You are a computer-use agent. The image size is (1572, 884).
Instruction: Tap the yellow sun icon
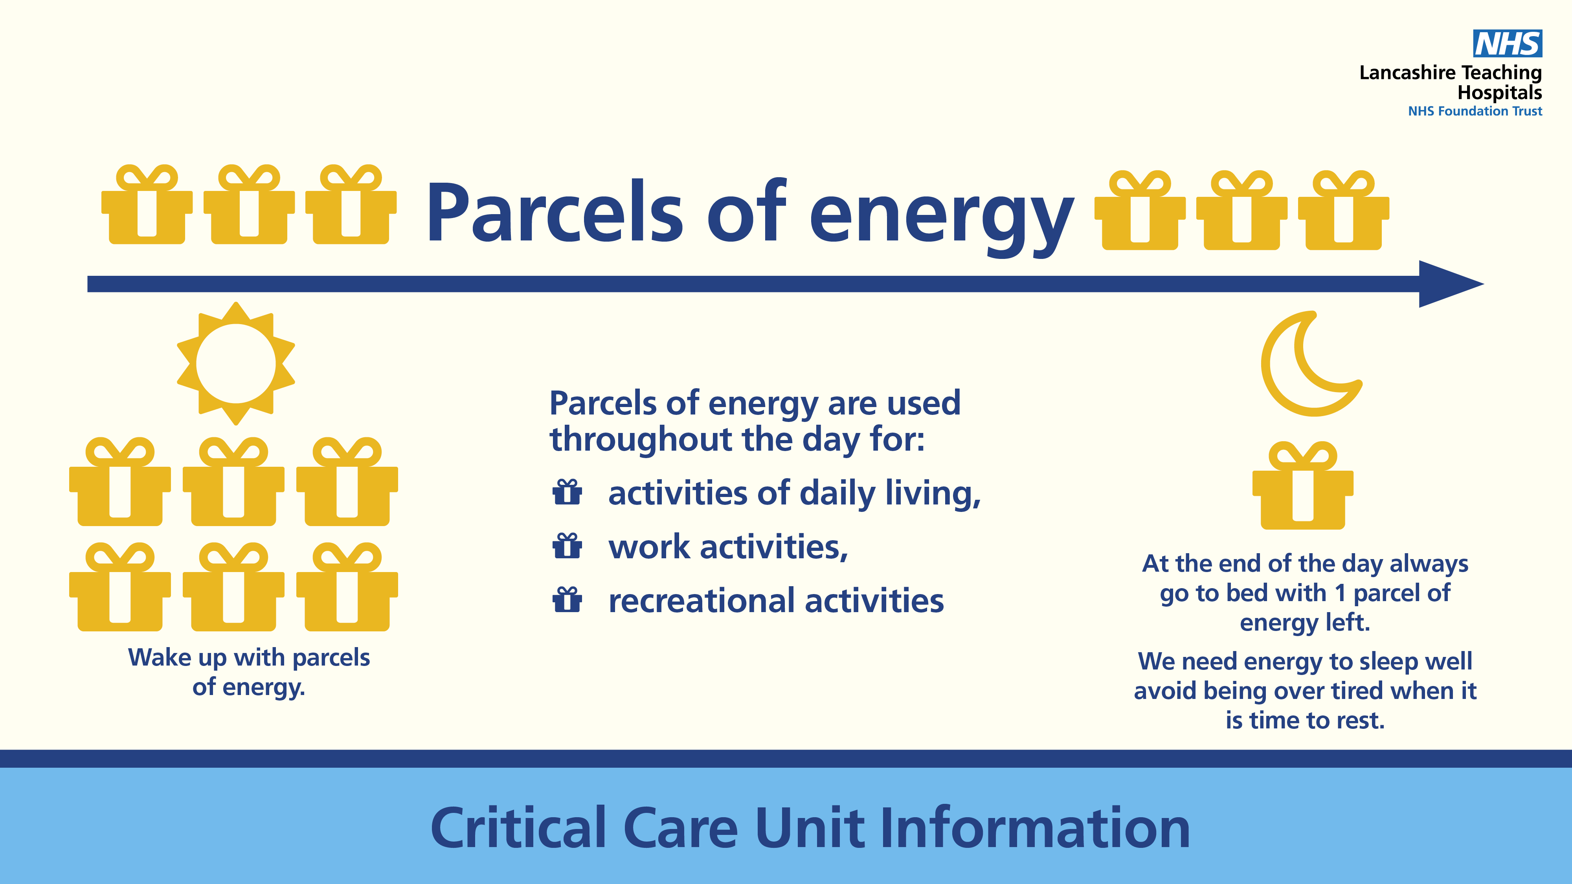236,363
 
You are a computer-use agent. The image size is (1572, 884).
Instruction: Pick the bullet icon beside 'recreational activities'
567,599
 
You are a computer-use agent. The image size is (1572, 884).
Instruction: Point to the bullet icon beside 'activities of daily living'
567,492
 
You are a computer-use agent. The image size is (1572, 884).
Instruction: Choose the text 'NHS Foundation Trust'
1475,111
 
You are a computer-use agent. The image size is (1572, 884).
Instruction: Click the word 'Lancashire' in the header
1407,73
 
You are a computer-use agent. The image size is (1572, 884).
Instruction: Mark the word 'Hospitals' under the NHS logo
1499,93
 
